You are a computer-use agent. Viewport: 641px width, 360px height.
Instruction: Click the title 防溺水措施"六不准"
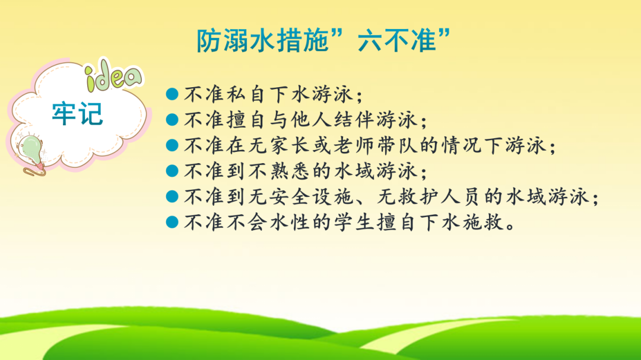coord(324,40)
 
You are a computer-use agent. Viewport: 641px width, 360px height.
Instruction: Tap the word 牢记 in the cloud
coord(77,114)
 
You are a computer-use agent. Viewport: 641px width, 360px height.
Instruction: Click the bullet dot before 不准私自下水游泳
coord(172,94)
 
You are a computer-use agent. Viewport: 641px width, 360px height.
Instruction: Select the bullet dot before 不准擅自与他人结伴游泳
coord(172,119)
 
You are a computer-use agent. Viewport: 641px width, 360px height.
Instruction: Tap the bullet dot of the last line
coord(172,221)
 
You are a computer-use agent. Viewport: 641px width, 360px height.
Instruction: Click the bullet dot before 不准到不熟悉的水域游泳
coord(172,170)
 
